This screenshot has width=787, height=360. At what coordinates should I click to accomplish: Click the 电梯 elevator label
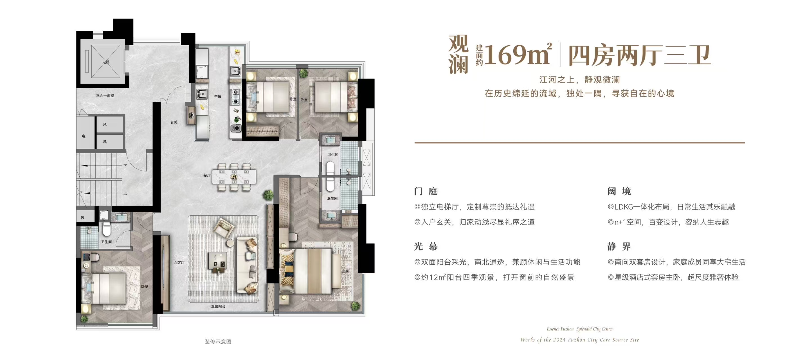(106, 62)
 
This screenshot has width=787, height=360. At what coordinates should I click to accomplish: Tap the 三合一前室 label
(105, 96)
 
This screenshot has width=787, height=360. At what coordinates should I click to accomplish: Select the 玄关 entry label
(174, 122)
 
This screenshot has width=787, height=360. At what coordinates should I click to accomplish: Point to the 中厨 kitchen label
(217, 96)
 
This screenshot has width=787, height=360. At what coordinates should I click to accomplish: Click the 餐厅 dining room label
(207, 175)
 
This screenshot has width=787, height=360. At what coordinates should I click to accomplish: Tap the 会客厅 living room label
(179, 262)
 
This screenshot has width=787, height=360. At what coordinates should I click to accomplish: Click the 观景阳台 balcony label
(218, 306)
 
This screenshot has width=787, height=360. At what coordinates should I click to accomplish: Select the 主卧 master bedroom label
(345, 271)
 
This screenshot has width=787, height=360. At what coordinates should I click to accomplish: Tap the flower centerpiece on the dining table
(234, 177)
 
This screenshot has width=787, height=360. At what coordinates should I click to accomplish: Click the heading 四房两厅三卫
(639, 55)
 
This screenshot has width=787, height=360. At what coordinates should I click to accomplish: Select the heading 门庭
(426, 191)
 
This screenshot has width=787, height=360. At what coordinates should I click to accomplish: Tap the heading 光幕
(426, 246)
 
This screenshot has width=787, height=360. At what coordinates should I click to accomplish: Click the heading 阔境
(619, 191)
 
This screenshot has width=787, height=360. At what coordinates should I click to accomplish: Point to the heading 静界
(619, 246)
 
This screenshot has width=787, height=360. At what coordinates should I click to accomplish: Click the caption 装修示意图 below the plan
(218, 342)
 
